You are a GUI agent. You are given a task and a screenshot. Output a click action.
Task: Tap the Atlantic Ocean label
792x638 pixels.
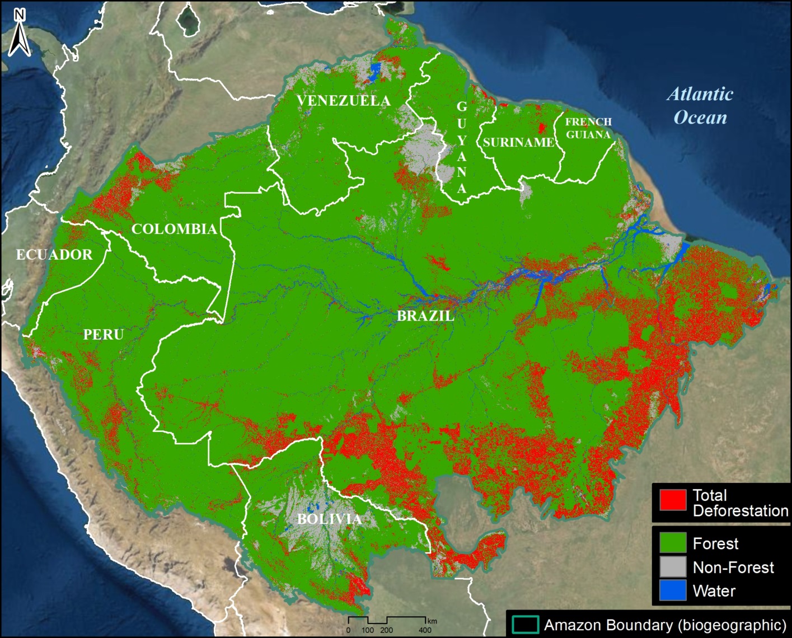[700, 106]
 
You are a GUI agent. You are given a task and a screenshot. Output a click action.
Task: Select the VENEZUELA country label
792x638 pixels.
[343, 101]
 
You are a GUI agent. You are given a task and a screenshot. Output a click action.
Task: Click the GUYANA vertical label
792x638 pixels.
[461, 147]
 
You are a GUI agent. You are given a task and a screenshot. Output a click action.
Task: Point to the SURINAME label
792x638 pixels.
[518, 143]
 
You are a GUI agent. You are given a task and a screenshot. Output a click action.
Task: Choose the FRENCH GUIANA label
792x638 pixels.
[588, 128]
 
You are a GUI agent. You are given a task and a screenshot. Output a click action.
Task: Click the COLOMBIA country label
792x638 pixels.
[174, 229]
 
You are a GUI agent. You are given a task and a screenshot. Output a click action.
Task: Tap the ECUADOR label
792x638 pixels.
[54, 255]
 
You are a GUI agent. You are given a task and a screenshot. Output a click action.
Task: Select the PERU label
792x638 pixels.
[104, 335]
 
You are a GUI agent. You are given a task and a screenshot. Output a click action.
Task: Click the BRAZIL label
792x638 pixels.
[425, 316]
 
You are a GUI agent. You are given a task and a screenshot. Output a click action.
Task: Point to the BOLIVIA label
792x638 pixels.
[329, 519]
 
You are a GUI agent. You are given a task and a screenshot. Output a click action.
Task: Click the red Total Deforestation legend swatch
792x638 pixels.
[673, 500]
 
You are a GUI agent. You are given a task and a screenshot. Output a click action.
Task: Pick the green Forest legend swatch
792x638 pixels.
[673, 543]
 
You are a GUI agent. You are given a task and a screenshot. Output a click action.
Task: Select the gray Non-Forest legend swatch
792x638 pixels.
[673, 567]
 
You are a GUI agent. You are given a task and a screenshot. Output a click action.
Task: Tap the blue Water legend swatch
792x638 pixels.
[673, 590]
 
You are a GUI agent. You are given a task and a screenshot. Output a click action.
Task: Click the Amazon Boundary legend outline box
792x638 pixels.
[526, 625]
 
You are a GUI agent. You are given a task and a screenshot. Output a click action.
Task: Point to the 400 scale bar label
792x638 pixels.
[425, 630]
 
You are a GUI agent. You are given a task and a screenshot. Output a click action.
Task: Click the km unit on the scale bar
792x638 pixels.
[432, 621]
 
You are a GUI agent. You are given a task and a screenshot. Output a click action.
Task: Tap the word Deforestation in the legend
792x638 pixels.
[740, 510]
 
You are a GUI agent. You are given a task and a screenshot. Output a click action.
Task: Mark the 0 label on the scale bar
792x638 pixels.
[348, 630]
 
